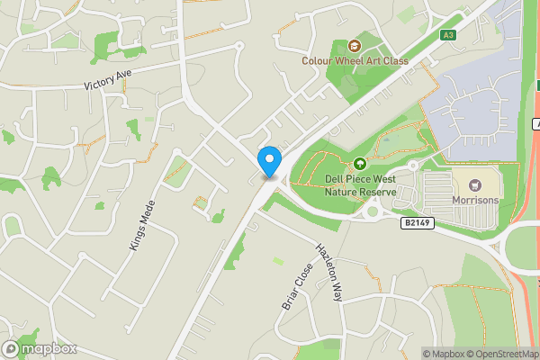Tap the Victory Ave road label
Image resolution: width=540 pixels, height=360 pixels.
(x=114, y=80)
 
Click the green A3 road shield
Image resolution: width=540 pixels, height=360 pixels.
(x=448, y=35)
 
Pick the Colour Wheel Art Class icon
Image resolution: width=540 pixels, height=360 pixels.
(x=355, y=45)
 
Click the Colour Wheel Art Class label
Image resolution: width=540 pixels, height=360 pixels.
(x=355, y=61)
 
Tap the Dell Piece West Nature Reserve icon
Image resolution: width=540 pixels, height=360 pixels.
(x=360, y=163)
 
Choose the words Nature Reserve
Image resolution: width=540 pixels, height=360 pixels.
(x=360, y=192)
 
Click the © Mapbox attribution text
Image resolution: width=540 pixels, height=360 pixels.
(x=442, y=354)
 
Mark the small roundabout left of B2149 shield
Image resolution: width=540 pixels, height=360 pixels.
(x=372, y=212)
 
